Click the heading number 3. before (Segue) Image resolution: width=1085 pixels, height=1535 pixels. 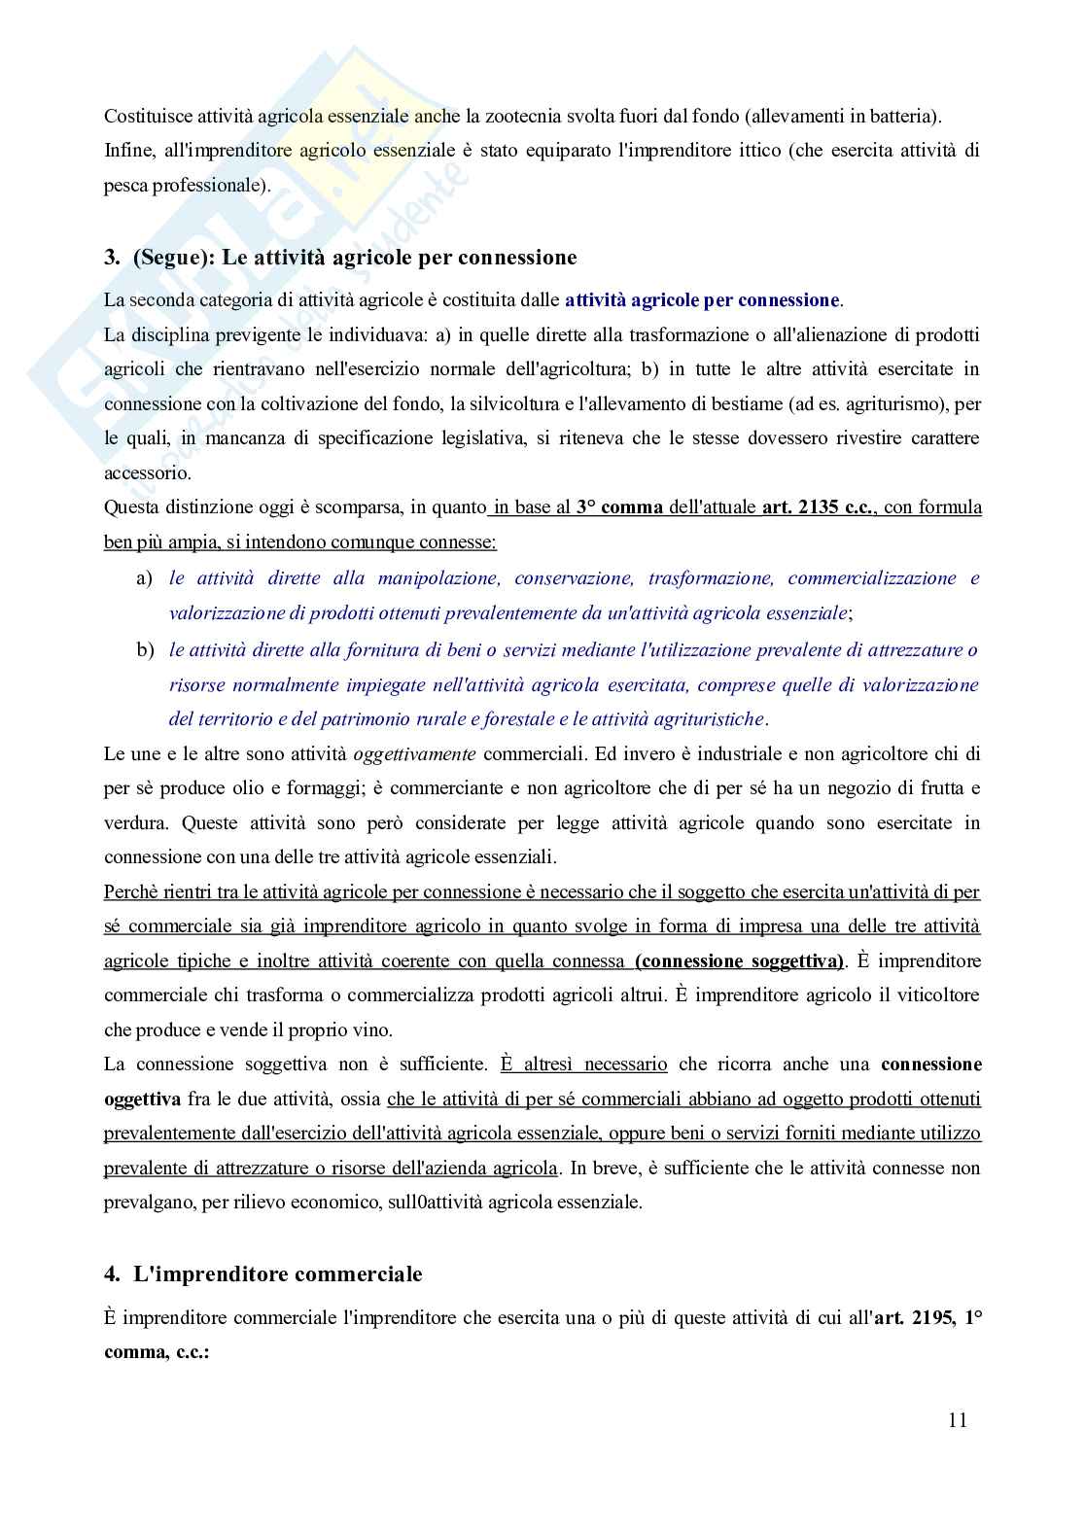[112, 258]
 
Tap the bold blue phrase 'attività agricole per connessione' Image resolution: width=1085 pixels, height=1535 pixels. [701, 300]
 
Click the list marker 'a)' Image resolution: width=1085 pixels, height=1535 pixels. [144, 578]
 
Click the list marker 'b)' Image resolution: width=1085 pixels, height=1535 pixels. [145, 649]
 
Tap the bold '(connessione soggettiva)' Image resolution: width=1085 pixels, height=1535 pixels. [739, 960]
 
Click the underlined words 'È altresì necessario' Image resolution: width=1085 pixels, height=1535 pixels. [583, 1064]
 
